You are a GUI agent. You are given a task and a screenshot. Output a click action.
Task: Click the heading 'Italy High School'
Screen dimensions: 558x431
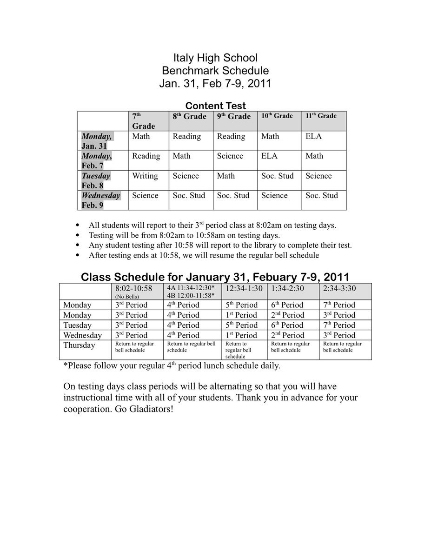215,58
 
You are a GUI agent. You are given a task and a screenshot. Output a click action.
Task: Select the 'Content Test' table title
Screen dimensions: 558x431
215,106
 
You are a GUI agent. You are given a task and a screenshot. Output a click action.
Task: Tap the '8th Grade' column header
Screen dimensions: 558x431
189,116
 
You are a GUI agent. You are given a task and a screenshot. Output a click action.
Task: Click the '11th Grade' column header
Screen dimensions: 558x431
321,116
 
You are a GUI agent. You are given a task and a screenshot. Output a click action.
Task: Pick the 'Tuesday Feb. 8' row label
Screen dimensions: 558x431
96,180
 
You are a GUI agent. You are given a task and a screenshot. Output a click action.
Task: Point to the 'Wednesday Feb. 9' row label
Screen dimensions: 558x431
100,200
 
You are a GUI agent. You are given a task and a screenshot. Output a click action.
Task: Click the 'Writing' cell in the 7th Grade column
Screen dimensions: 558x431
145,176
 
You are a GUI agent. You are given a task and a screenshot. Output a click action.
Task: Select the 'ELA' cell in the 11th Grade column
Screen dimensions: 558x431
313,136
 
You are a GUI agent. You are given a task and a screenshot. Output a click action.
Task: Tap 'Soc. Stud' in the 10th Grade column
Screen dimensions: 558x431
278,176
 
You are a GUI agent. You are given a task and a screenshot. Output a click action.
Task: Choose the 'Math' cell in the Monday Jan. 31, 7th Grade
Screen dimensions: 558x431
141,136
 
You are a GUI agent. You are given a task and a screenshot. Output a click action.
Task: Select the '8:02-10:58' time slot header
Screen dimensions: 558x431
133,288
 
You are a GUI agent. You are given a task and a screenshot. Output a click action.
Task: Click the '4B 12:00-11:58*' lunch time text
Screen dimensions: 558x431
191,295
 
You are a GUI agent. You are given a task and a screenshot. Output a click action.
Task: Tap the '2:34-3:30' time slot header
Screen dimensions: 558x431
339,288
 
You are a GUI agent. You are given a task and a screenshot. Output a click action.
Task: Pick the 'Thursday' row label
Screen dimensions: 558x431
79,345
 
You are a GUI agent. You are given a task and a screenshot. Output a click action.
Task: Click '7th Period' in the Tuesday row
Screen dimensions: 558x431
339,325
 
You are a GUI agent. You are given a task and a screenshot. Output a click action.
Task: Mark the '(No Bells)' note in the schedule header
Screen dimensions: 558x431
126,296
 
